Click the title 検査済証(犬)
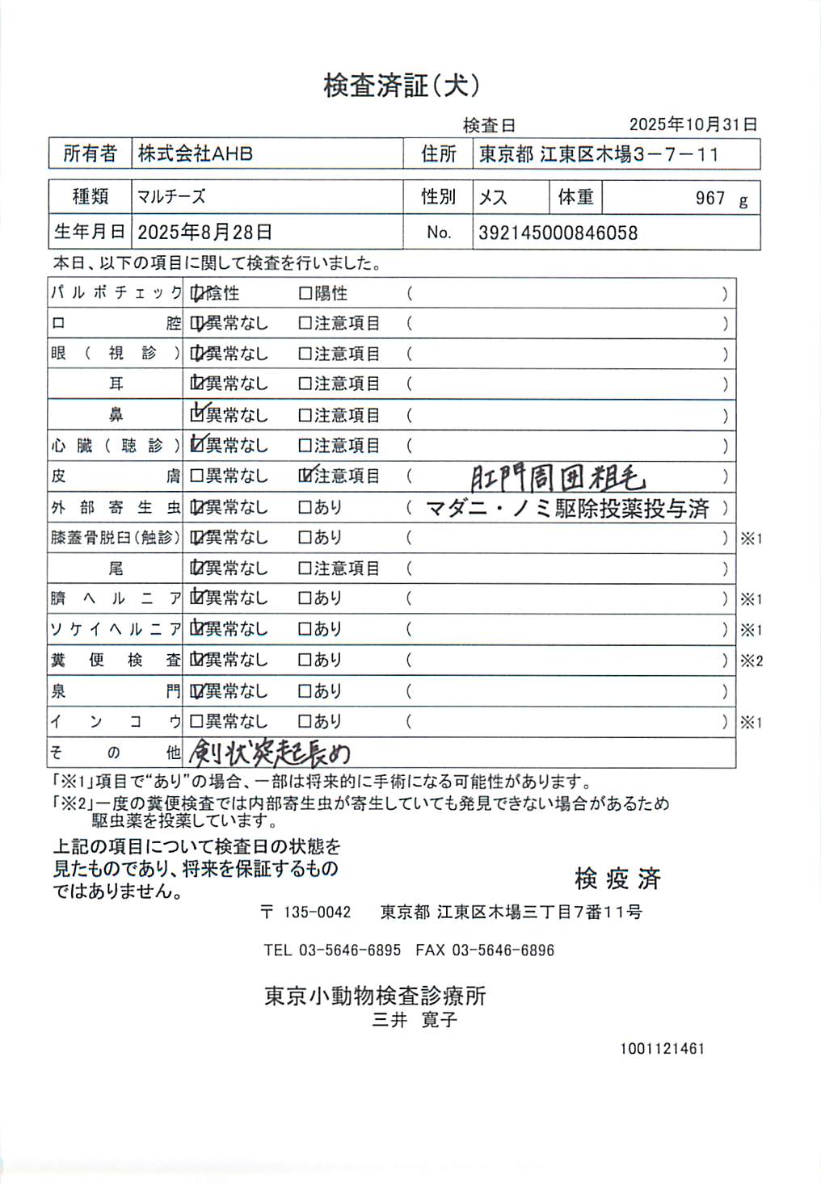pyautogui.click(x=402, y=86)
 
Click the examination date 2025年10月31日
pyautogui.click(x=693, y=124)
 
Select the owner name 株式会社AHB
pyautogui.click(x=196, y=153)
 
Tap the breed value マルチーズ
pyautogui.click(x=171, y=197)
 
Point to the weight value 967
pyautogui.click(x=709, y=199)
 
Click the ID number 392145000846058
pyautogui.click(x=558, y=233)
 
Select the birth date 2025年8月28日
pyautogui.click(x=204, y=233)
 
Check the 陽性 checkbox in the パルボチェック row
pyautogui.click(x=305, y=293)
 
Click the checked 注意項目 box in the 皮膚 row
pyautogui.click(x=305, y=476)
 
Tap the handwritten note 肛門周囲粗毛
pyautogui.click(x=558, y=478)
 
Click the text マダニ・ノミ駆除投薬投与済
pyautogui.click(x=567, y=508)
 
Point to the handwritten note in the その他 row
pyautogui.click(x=269, y=753)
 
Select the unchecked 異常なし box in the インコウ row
pyautogui.click(x=196, y=721)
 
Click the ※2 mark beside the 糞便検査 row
pyautogui.click(x=752, y=661)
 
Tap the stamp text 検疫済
pyautogui.click(x=618, y=879)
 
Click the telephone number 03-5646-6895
pyautogui.click(x=350, y=950)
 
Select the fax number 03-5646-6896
pyautogui.click(x=503, y=950)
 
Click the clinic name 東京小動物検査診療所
pyautogui.click(x=375, y=996)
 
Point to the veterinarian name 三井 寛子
pyautogui.click(x=415, y=1020)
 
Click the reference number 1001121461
pyautogui.click(x=663, y=1049)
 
